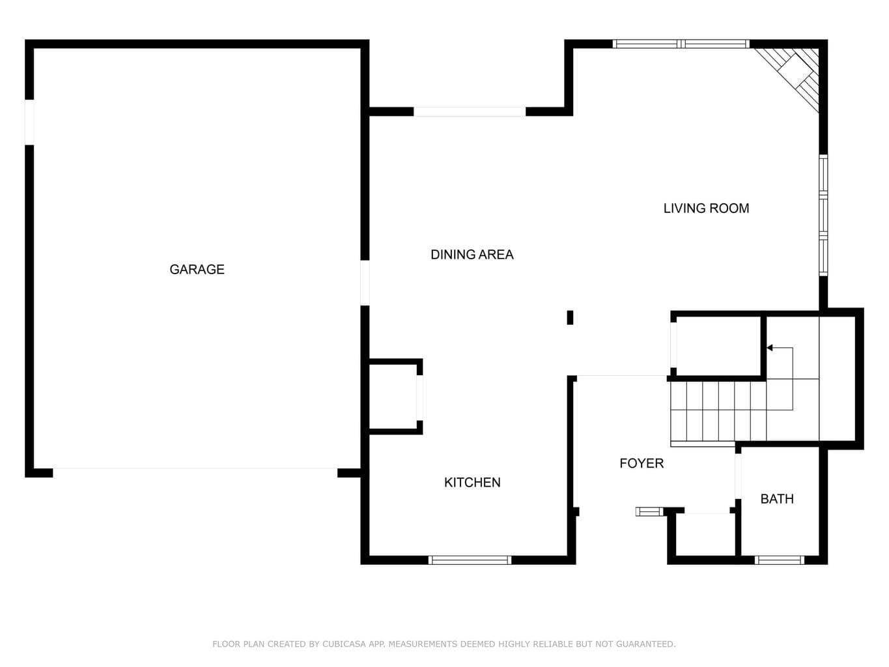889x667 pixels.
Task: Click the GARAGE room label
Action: (x=197, y=269)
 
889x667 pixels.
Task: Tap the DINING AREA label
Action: (x=472, y=254)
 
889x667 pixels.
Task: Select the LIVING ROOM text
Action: (x=706, y=208)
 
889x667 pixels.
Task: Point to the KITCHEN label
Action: (x=472, y=482)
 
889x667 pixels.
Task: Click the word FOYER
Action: (x=642, y=463)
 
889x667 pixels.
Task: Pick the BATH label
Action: (x=777, y=498)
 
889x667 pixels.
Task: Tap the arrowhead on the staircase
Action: (x=770, y=347)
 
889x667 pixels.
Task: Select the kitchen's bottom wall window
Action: (x=470, y=560)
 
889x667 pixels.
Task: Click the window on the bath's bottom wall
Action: (x=779, y=560)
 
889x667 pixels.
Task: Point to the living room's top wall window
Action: (x=681, y=44)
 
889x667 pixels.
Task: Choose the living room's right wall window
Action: (x=823, y=215)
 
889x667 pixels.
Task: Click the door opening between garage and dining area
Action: (x=365, y=283)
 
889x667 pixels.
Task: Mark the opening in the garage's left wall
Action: (x=29, y=122)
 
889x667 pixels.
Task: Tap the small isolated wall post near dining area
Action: (x=570, y=317)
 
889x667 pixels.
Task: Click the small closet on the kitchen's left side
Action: (x=393, y=397)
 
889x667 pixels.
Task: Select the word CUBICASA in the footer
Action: (x=344, y=644)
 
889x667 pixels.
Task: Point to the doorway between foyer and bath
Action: (x=738, y=476)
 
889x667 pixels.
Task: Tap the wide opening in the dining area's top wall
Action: (x=470, y=112)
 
